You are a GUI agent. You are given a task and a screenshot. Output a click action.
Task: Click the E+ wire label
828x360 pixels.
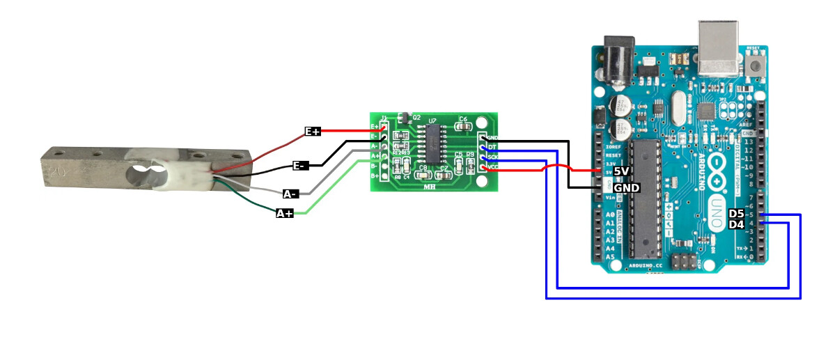coord(313,132)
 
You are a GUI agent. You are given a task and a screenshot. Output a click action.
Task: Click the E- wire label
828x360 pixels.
coord(300,166)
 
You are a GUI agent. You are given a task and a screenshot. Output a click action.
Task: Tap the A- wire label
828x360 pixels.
coord(291,194)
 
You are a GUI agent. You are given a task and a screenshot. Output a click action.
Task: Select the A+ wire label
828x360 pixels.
coord(284,214)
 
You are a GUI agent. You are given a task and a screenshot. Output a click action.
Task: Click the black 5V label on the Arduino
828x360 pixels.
coord(621,171)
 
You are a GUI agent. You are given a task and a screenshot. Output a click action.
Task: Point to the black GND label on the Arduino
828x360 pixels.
coord(626,188)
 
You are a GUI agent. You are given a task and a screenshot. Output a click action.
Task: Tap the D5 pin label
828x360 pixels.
coord(736,214)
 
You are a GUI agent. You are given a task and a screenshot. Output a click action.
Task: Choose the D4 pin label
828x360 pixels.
coord(736,225)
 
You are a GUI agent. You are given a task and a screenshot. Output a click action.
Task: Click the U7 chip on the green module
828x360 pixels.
coord(433,140)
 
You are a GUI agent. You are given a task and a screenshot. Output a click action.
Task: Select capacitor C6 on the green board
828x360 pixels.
coord(463,127)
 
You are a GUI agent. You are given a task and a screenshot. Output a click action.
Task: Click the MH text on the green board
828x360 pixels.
coord(430,186)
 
